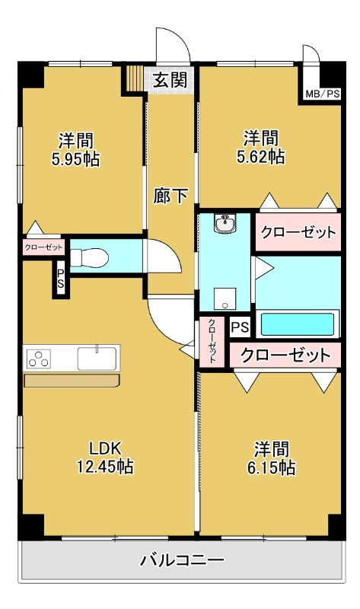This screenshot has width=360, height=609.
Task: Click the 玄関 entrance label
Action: (169, 80)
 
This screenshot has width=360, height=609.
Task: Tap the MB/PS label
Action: (323, 94)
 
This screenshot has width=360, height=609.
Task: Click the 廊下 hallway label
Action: (170, 196)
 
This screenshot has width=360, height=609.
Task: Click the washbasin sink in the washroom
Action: (225, 225)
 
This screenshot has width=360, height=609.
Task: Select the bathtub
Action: (298, 324)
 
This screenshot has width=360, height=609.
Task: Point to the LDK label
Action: (106, 447)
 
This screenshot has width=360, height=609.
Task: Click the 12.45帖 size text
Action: (106, 465)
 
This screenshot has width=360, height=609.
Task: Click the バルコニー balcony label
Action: (182, 561)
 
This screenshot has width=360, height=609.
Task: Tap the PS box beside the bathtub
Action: (239, 327)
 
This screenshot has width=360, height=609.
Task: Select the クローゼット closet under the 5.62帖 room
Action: (298, 231)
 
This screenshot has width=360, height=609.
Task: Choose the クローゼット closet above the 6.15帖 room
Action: (286, 355)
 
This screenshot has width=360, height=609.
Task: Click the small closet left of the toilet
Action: (43, 247)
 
